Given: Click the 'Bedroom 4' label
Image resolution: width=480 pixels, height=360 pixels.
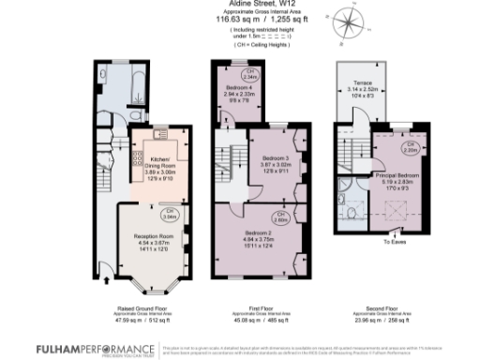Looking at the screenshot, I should tap(237, 88).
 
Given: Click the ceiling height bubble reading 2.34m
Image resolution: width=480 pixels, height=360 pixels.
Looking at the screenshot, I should tap(250, 73).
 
